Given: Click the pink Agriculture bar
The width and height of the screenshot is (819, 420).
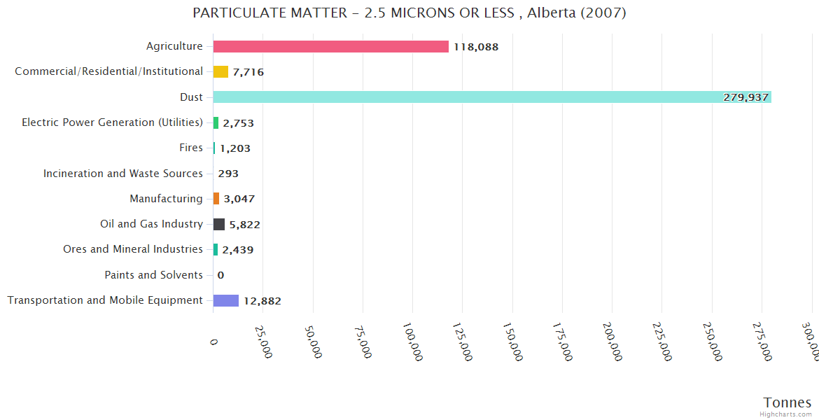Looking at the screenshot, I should point(330,46).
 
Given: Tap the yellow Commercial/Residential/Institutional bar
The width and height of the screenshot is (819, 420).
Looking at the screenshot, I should point(220,71).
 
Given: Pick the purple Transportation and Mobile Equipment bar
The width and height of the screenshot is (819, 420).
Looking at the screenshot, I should point(225,300).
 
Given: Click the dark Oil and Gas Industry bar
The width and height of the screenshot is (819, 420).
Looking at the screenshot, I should point(218,224).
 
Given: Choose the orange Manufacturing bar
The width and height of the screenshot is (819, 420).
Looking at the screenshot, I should point(216,199).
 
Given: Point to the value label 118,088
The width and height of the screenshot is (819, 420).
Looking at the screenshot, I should point(476,47).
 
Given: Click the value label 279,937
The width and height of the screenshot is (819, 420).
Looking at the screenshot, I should point(745,97).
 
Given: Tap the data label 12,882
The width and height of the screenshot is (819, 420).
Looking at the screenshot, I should point(262,301).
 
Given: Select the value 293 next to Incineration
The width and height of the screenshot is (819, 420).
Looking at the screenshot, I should point(228,174).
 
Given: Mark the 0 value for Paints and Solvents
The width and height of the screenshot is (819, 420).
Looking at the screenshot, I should point(220,275).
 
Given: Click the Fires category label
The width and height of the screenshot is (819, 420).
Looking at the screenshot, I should point(191,148).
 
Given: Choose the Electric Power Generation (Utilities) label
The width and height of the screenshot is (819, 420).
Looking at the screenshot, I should point(112,122).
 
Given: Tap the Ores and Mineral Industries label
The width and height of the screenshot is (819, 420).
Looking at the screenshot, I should point(133,249).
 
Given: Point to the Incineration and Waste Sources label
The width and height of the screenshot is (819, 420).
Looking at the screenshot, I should point(123,174).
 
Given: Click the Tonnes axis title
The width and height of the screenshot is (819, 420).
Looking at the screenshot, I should point(787,402).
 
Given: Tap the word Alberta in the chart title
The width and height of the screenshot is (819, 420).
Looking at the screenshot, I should point(552,13).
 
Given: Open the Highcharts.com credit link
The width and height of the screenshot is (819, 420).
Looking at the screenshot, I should point(786,414).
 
